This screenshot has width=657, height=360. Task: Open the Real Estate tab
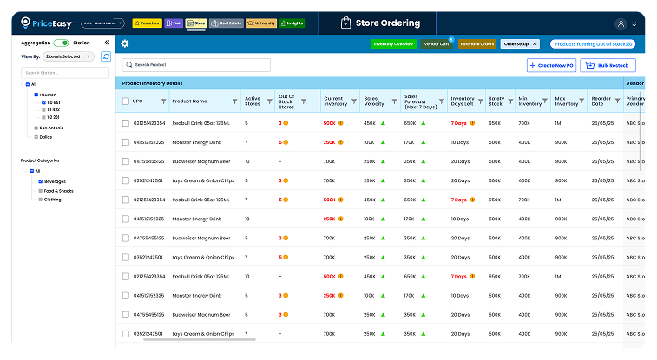(x=227, y=23)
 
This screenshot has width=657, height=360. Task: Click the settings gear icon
(x=125, y=43)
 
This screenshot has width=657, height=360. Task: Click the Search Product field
(x=196, y=65)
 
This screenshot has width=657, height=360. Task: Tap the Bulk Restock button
(x=608, y=65)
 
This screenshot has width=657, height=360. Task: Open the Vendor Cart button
(x=436, y=43)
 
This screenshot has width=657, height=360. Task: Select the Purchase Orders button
(x=476, y=43)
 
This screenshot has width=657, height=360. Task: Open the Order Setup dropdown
(x=521, y=43)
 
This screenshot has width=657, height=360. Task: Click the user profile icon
(x=620, y=23)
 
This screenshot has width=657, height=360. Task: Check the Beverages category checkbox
(x=39, y=181)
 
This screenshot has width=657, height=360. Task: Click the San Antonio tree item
(x=51, y=128)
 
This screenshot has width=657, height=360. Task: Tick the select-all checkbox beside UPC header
(x=125, y=101)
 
